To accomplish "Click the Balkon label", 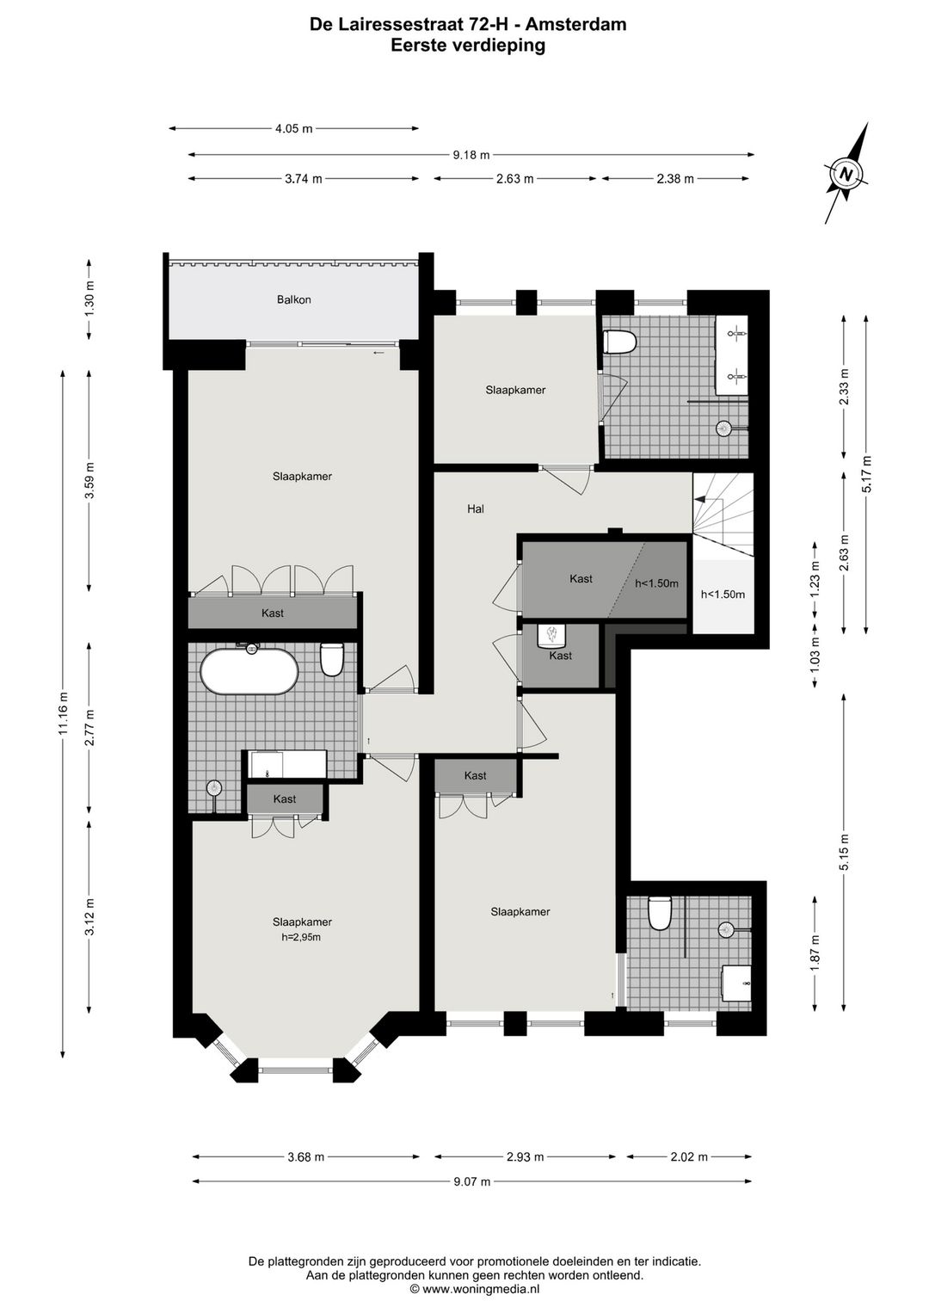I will coord(293,300).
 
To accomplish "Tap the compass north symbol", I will coord(846,173).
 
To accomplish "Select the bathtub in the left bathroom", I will coord(249,669).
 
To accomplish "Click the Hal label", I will coord(475,509).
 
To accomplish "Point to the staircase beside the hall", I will coord(722,513).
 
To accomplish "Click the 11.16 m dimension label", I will coord(62,714).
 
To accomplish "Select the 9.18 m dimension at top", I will coord(471,155).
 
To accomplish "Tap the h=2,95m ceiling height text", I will coord(301,937).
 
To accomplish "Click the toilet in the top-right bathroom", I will coord(619,342).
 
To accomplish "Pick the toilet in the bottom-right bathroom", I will coord(660,914).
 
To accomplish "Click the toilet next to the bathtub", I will coord(331,659).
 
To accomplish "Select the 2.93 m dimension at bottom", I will coord(525,1156).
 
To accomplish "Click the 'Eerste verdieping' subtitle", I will coord(468,46).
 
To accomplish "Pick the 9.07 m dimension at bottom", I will coord(471,1181).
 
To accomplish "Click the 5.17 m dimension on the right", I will coord(866,474).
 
